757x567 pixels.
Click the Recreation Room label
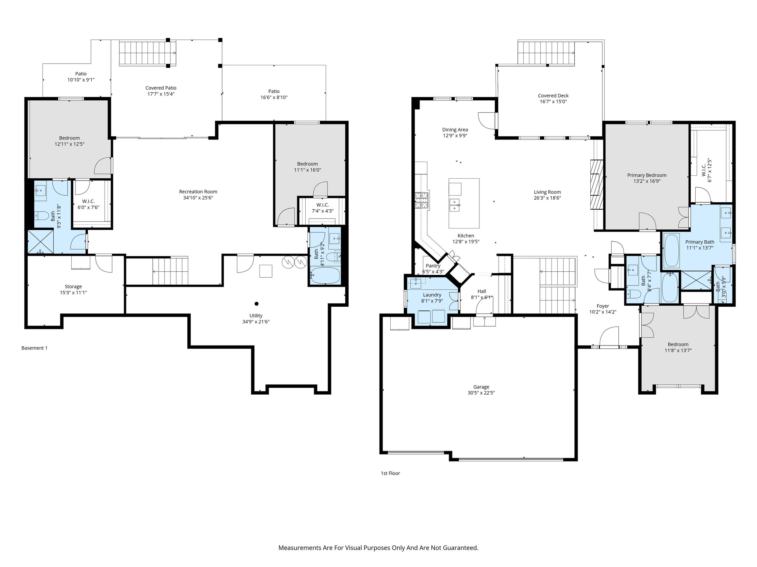coord(198,192)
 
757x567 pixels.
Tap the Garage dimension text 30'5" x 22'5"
coord(481,393)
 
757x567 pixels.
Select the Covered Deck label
coord(553,96)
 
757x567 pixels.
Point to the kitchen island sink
coord(455,205)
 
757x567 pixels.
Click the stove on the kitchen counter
coord(422,201)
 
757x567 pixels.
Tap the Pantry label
coord(433,266)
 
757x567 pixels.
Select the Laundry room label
coord(432,295)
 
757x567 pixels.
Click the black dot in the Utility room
coord(256,304)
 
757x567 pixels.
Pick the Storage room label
coord(73,286)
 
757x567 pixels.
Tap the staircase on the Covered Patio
coord(147,53)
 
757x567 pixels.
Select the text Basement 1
coord(34,348)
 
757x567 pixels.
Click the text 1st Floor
coord(390,473)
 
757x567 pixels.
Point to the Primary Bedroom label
coord(646,175)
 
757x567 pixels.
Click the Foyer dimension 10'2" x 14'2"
coord(602,312)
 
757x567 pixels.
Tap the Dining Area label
coord(455,130)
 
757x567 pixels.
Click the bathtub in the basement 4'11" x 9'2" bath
coord(325,275)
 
